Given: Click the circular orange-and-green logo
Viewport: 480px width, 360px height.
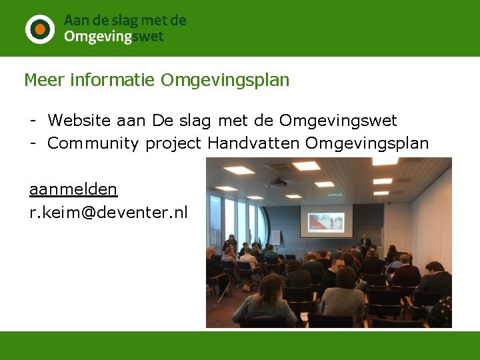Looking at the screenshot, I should pos(40,29).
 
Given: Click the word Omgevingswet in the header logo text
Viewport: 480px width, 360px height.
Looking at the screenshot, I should pos(113,37).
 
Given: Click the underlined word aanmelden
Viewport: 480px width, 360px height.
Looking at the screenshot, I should pos(73,190).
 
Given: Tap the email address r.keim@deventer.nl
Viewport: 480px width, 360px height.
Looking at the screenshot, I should pos(109,213).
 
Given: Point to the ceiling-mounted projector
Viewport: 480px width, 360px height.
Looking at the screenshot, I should pos(278,183).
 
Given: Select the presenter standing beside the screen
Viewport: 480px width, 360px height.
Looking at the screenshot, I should pos(365,243).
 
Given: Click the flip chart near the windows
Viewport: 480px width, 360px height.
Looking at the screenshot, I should pos(275,237).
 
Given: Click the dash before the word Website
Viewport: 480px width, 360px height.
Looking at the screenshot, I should pos(32,121).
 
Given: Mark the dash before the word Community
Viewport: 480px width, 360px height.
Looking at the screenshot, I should pos(32,143).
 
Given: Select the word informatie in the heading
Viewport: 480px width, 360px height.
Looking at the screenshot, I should pos(115,81).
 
